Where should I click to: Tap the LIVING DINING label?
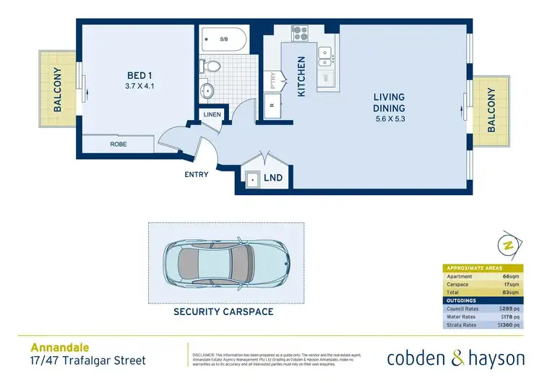tap(389, 103)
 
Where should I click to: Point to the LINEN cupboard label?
tap(212, 115)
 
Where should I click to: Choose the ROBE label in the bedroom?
tap(119, 145)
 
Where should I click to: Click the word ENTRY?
tap(197, 174)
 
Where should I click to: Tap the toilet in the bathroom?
tap(212, 66)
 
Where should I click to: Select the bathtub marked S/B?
tap(223, 40)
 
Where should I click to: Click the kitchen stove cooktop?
tap(300, 33)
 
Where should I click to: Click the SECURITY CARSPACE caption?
tap(223, 311)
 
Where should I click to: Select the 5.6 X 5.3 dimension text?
tap(390, 119)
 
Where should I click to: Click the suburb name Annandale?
tap(55, 347)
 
